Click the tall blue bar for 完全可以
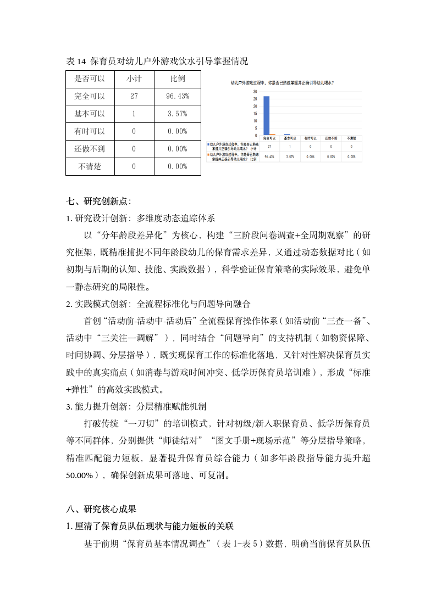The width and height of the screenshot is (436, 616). coord(266,115)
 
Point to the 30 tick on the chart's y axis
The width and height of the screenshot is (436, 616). coord(255,92)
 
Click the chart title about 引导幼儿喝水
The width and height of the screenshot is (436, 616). coord(283,82)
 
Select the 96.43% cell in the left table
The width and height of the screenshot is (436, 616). coord(178,96)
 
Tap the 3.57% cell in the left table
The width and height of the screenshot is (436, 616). coord(178,114)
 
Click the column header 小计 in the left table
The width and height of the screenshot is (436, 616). coord(134,79)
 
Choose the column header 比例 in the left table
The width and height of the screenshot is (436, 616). coord(178,79)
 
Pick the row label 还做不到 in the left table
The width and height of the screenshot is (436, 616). coord(90,149)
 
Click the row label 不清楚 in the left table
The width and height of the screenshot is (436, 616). coord(90,166)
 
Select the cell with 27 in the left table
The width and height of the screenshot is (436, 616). coord(134,96)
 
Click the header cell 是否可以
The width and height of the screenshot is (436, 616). coord(90,79)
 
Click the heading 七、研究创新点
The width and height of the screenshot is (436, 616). coord(99,201)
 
